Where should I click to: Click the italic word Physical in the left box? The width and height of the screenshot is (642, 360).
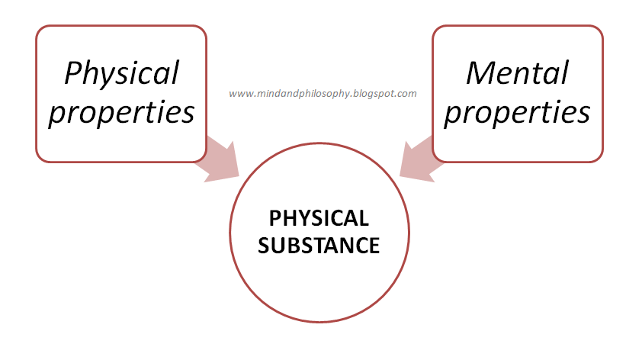coord(122,73)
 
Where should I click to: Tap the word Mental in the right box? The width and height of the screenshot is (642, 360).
coord(518,73)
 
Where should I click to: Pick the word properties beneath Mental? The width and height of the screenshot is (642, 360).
coord(518,112)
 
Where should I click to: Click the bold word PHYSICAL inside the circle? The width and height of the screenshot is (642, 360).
coord(319,219)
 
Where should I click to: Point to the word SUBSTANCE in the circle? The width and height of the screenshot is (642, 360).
coord(319,246)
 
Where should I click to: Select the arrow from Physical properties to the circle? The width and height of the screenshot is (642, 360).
coord(217,159)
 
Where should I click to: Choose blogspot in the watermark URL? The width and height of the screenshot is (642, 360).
coord(373,95)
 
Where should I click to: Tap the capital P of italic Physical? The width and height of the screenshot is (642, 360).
coord(74,73)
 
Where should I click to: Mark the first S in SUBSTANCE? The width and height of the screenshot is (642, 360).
coord(264,246)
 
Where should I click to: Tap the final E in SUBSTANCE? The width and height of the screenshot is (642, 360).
coord(373,246)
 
